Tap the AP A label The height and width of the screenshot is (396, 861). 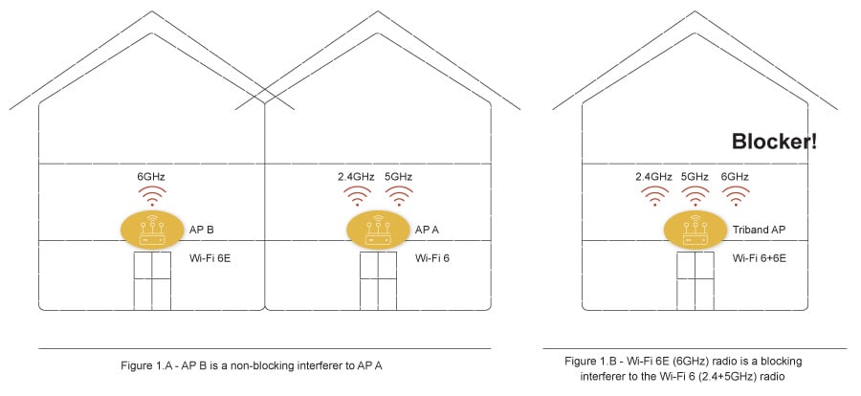pos(427,231)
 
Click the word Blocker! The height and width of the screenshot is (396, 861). pos(774,143)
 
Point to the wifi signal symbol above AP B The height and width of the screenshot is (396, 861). pos(152,196)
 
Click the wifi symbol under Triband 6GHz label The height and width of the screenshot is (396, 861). pos(735,196)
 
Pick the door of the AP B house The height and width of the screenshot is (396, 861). pos(151,280)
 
